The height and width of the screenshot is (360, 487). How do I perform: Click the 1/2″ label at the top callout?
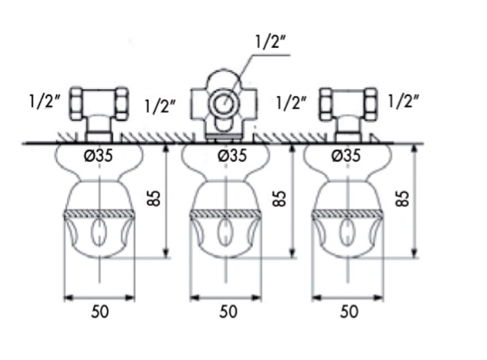[269, 42]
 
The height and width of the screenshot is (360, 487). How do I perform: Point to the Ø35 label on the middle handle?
[231, 156]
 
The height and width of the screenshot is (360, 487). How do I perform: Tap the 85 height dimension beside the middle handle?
[279, 198]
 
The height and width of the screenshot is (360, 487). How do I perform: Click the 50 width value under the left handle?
[99, 312]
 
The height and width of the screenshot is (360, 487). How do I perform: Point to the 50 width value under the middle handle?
[227, 312]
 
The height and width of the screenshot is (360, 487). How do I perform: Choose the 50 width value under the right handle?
[350, 312]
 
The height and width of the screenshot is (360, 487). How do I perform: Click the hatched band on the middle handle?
[226, 215]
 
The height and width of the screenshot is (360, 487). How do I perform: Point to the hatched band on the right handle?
[347, 215]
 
